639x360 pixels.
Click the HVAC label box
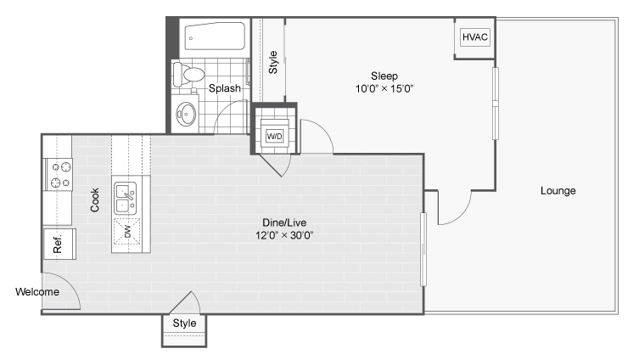click(474, 37)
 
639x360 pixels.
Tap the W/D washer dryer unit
click(274, 133)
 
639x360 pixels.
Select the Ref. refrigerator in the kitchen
click(59, 244)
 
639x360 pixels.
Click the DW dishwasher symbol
click(127, 232)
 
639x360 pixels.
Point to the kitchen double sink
click(125, 199)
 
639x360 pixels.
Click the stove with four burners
click(59, 175)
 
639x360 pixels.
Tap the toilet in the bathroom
click(188, 74)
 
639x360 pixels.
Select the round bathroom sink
click(186, 114)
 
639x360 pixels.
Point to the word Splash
click(225, 88)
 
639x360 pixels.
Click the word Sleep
click(384, 76)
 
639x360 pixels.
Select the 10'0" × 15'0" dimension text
click(384, 88)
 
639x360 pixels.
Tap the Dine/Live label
click(284, 222)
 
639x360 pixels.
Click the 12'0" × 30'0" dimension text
click(284, 235)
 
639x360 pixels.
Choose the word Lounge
click(558, 191)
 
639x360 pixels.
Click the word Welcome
click(37, 292)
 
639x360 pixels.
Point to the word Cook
click(94, 200)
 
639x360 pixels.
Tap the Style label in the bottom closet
click(184, 323)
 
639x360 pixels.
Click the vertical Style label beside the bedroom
click(273, 62)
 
